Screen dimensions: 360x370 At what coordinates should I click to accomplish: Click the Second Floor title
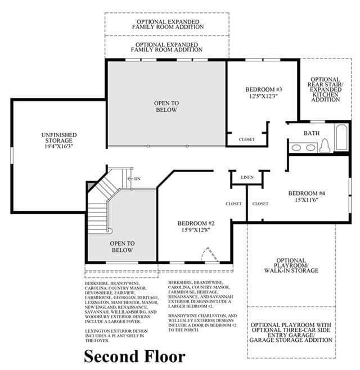click(x=134, y=357)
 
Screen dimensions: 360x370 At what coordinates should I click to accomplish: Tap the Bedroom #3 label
click(x=263, y=89)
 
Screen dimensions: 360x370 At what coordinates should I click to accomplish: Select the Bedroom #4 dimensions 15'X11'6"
click(x=307, y=200)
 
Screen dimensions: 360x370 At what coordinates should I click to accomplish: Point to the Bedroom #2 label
click(x=196, y=223)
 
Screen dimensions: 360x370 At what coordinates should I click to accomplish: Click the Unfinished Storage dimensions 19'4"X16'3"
click(x=58, y=146)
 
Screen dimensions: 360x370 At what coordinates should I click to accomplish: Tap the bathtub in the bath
click(x=341, y=137)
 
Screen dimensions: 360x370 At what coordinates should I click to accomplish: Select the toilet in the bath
click(x=325, y=145)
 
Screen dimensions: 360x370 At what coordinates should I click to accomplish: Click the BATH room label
click(x=312, y=133)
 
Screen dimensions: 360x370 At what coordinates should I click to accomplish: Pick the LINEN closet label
click(x=247, y=177)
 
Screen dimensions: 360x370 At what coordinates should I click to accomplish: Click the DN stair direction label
click(x=137, y=179)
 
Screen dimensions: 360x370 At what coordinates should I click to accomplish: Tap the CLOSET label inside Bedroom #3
click(x=247, y=139)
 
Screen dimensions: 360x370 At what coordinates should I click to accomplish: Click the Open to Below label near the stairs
click(x=122, y=247)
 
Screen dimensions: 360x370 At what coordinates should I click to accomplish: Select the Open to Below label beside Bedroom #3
click(x=166, y=106)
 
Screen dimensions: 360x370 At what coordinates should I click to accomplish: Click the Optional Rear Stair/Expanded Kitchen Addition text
click(x=325, y=89)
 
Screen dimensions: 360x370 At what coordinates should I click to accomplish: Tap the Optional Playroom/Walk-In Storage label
click(x=291, y=265)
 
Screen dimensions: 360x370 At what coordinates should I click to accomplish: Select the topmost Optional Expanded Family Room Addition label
click(x=168, y=24)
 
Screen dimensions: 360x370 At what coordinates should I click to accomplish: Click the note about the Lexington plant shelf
click(x=116, y=336)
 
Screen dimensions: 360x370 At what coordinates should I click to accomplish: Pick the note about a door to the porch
click(x=202, y=323)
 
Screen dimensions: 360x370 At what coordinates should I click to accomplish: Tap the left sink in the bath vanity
click(x=296, y=148)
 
